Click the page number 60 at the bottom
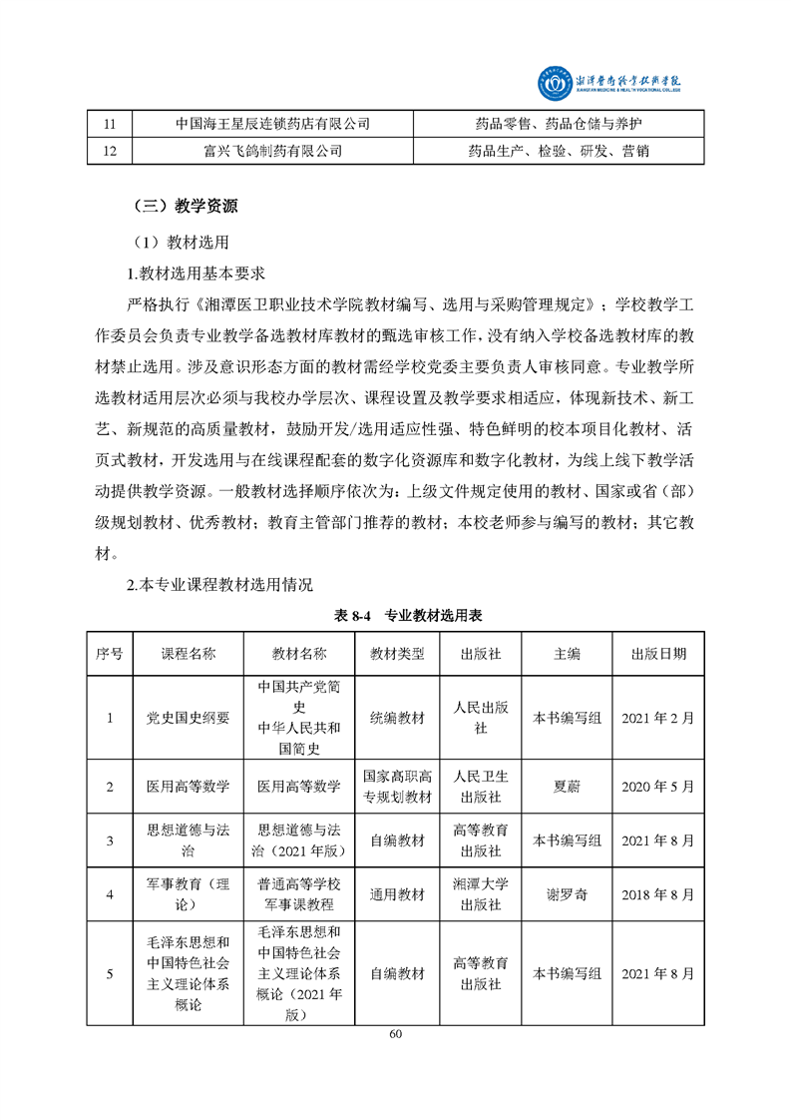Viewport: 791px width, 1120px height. pyautogui.click(x=396, y=1033)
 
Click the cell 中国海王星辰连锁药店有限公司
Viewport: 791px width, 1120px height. pyautogui.click(x=272, y=124)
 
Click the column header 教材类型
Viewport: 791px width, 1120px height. pyautogui.click(x=397, y=654)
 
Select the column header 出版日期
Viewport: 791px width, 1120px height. pyautogui.click(x=657, y=654)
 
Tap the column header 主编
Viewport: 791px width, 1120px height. pyautogui.click(x=567, y=654)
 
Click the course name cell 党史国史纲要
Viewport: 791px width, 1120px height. pyautogui.click(x=189, y=718)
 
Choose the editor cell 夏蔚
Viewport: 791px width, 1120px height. pyautogui.click(x=567, y=786)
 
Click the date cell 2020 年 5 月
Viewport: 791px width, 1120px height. pyautogui.click(x=657, y=786)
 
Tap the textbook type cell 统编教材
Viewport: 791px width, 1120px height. pyautogui.click(x=397, y=718)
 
